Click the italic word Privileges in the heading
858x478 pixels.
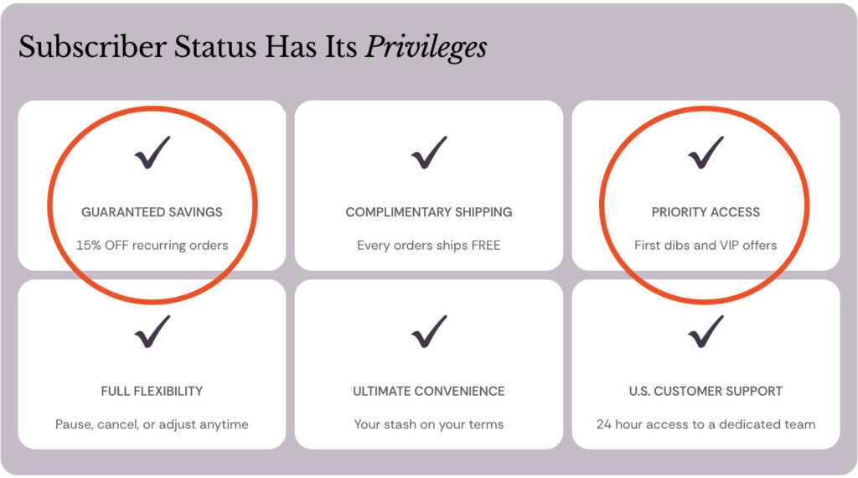coord(426,47)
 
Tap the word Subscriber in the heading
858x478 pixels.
coord(92,46)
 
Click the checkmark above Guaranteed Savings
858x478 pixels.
coord(152,153)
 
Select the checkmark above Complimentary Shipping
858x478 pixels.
coord(429,153)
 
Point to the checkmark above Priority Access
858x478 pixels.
coord(706,153)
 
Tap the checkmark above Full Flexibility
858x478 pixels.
coord(152,331)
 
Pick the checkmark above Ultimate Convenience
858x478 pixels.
coord(429,331)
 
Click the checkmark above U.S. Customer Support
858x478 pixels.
coord(706,331)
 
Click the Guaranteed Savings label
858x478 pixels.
coord(152,212)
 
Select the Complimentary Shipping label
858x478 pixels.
coord(429,212)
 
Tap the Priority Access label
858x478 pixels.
coord(706,212)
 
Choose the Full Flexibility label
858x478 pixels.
coord(152,391)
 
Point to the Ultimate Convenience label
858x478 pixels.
coord(429,391)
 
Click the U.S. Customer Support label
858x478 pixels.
coord(706,391)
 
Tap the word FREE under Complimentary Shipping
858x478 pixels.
coord(485,246)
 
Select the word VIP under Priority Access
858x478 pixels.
coord(730,246)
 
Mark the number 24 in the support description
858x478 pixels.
coord(604,424)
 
